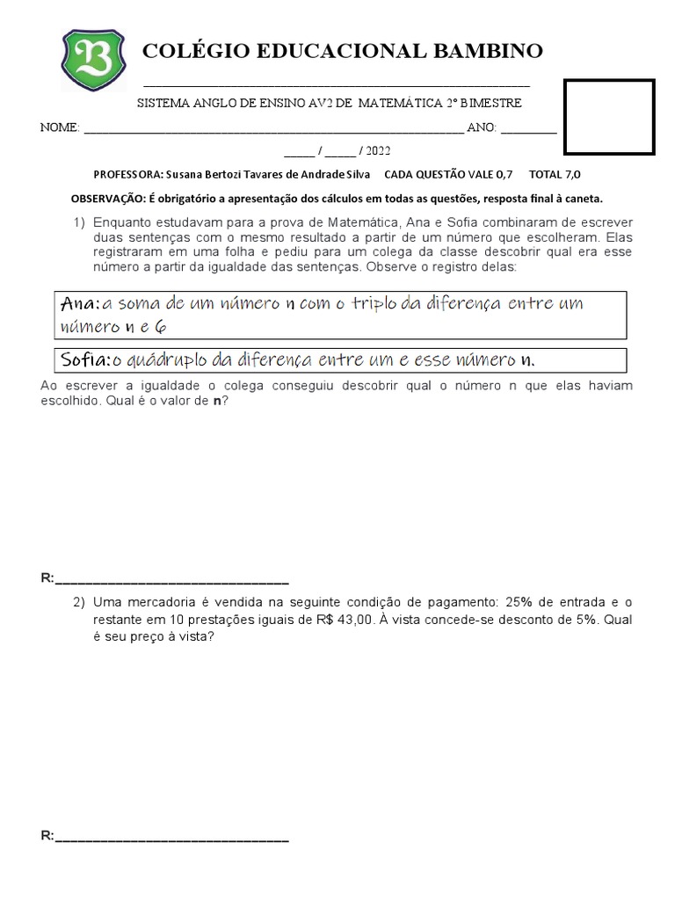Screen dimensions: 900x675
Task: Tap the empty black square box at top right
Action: (x=609, y=117)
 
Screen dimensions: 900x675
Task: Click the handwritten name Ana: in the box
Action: (x=81, y=304)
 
